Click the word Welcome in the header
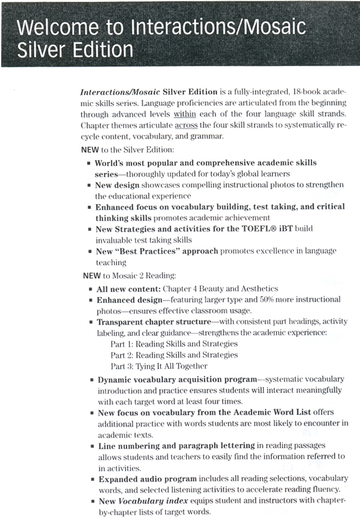coord(51,28)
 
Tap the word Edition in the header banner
coord(100,49)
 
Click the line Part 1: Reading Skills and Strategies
coord(174,344)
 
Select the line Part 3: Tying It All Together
coord(159,366)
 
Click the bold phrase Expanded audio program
coord(147,478)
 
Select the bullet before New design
coord(88,185)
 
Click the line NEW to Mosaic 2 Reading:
coord(129,275)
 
